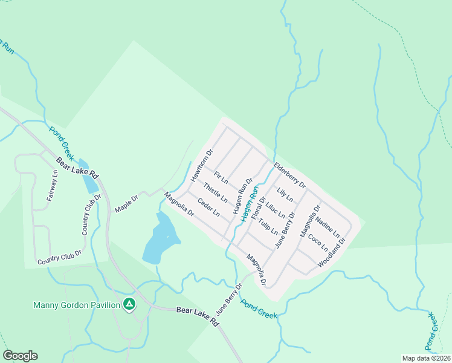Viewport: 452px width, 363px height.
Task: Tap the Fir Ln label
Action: point(221,178)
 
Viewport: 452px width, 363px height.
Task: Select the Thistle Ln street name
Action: point(215,193)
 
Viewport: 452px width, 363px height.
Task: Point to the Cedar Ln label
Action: point(208,206)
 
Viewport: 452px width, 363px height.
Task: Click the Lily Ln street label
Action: point(285,195)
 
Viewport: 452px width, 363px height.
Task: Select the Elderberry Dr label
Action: point(289,175)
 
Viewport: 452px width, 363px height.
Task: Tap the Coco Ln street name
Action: point(317,243)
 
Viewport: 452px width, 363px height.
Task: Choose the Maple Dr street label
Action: point(127,203)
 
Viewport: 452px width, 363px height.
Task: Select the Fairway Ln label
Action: point(53,185)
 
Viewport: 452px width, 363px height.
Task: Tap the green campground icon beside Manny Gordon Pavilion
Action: point(129,304)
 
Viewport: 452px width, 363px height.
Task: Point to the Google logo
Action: point(20,356)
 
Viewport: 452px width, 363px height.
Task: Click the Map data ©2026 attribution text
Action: point(425,358)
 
